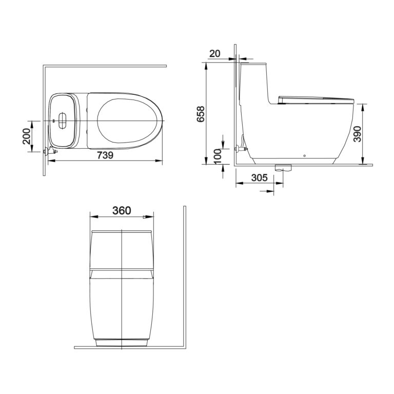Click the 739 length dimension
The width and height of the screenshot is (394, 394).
105,155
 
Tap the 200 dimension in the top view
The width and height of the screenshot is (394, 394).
27,136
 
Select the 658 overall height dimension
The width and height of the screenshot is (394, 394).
201,114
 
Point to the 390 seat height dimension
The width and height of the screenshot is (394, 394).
357,134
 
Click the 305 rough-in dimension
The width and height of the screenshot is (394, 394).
259,178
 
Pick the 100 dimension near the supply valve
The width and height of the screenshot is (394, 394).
218,156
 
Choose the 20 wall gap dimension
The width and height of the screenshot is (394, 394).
214,53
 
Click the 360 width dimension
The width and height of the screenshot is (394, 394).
122,210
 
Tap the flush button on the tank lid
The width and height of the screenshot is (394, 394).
62,121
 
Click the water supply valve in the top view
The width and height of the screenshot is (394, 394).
50,151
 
